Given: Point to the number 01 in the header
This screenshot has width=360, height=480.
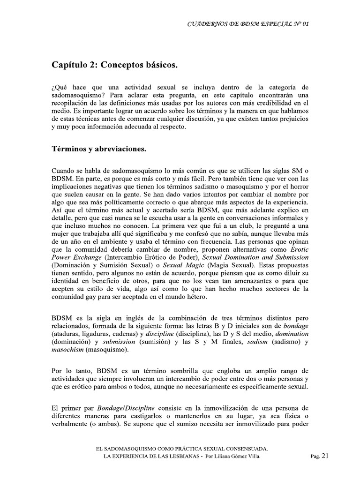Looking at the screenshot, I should tap(306, 23).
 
